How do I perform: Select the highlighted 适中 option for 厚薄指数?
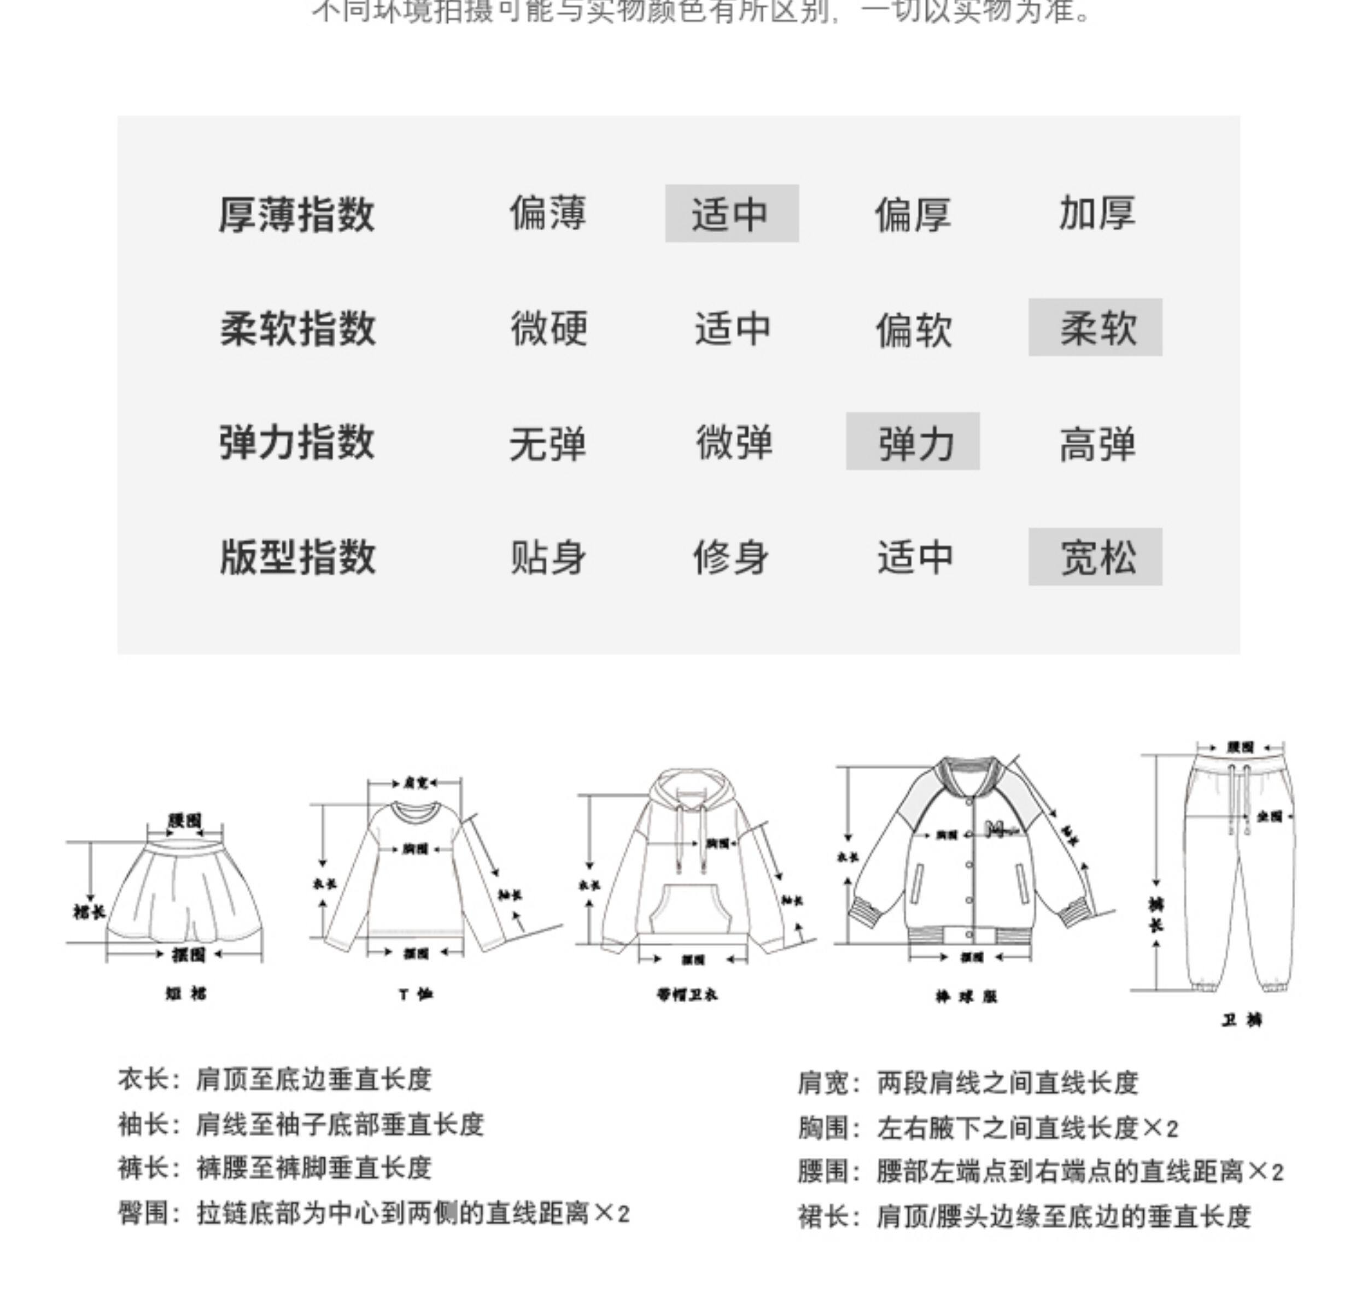pos(731,214)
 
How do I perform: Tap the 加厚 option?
pos(1097,213)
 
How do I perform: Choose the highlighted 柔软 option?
pos(1095,328)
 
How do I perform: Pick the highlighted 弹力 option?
pos(913,442)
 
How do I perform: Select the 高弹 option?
pos(1097,443)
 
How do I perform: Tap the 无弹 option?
pos(547,443)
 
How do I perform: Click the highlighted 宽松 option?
pos(1095,557)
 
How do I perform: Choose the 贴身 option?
pos(547,557)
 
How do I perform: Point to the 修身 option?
pos(730,557)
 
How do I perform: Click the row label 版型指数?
pos(297,557)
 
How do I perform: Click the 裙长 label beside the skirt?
pos(89,912)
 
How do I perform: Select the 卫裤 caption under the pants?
pos(1241,1020)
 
